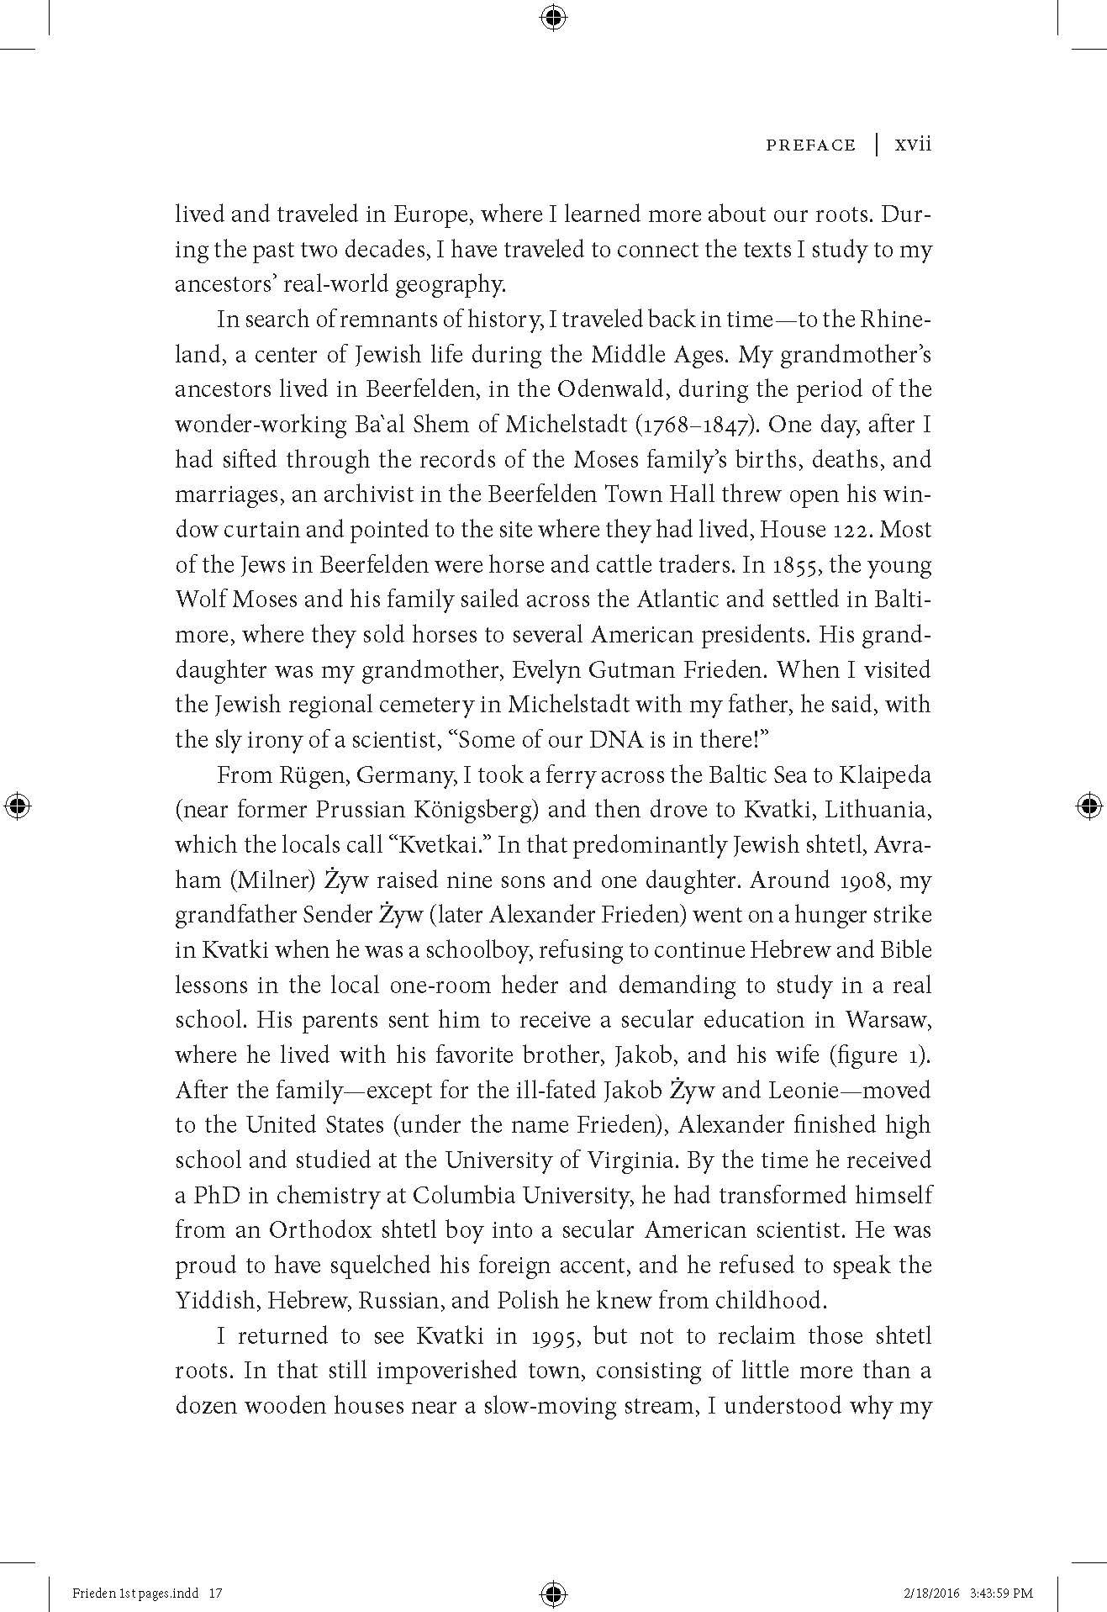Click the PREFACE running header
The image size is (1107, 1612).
[810, 145]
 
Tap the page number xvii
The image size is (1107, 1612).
[914, 145]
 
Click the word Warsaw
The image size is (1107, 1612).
[888, 1020]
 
